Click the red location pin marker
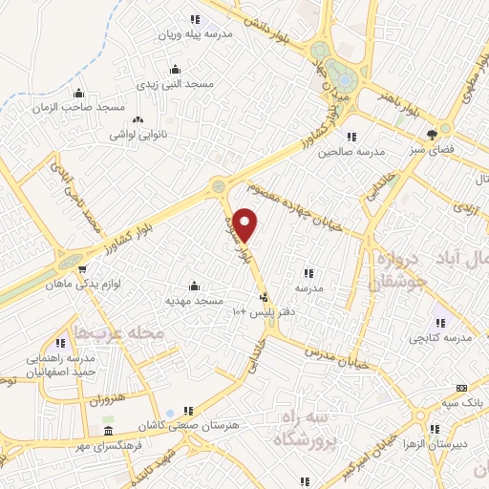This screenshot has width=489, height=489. click(245, 224)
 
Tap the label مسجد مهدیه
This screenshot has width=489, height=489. click(195, 301)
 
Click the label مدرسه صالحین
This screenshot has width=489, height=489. click(351, 151)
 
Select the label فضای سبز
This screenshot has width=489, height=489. click(432, 149)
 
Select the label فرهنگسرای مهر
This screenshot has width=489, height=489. click(110, 445)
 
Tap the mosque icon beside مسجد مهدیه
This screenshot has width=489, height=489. click(195, 286)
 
